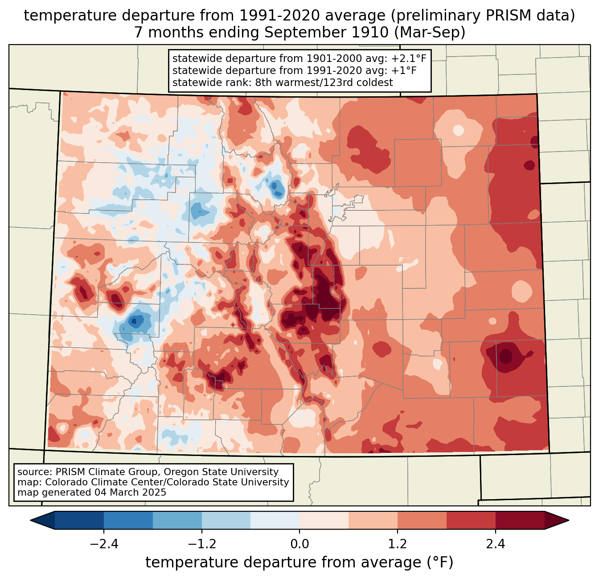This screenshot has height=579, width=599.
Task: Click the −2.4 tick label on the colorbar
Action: click(x=104, y=544)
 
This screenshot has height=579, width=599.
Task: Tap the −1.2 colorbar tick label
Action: click(x=201, y=544)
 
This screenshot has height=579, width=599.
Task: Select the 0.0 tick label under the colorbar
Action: click(x=299, y=544)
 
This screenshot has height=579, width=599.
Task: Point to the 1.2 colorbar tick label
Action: click(x=398, y=544)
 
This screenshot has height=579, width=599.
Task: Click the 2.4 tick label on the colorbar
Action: click(x=495, y=544)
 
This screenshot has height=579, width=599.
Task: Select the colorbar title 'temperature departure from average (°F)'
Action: click(x=299, y=563)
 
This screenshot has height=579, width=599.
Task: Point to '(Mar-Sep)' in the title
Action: click(x=430, y=33)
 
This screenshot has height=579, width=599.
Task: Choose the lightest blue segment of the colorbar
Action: click(x=275, y=520)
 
